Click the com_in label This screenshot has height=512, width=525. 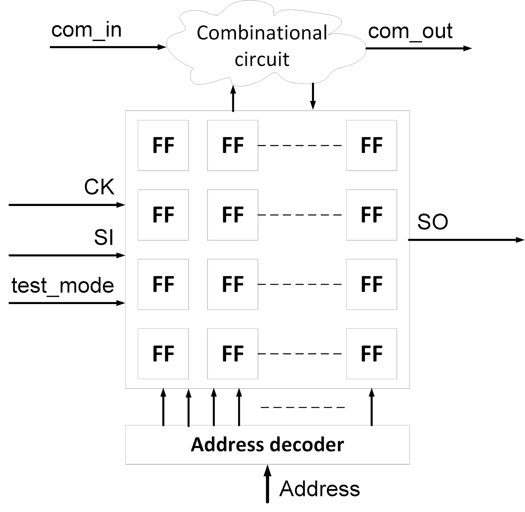pos(86,30)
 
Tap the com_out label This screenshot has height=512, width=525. pos(410,31)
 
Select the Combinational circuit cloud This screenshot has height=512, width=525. pos(262,46)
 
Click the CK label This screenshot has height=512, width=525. pos(99,188)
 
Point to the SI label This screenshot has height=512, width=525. pos(104,237)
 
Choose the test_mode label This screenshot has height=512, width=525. pos(62,285)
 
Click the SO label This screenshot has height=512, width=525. pos(432,222)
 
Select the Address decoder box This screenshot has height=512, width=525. pos(267,445)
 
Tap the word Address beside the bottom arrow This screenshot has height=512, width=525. pos(319,489)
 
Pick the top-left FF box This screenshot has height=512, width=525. pos(163,145)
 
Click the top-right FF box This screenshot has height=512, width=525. pos(371,145)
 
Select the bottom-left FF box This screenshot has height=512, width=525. pos(163,354)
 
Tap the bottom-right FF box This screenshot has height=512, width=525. pos(371,354)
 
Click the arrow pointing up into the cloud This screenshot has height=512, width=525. pos(233,98)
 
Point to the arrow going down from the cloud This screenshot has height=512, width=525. pos(313,96)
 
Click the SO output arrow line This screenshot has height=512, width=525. pos(466,240)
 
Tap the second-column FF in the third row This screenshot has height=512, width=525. pos(233,284)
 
